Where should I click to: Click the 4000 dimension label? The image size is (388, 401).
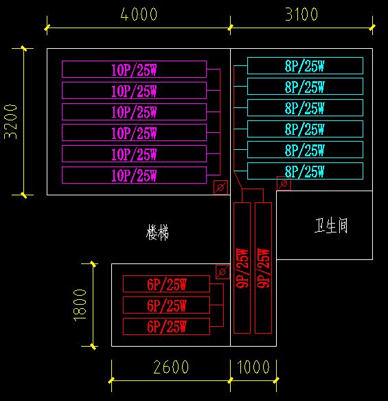pos(138,14)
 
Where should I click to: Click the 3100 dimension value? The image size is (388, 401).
pos(301,14)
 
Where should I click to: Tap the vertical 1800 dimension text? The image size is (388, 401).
pos(80,304)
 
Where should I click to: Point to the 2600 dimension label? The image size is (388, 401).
pos(171,367)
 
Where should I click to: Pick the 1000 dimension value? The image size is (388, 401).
pos(253,367)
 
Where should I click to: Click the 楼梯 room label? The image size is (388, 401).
pos(157,233)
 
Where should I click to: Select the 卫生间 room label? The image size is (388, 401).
pos(331,226)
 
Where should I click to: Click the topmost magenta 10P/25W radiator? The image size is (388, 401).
pos(134,69)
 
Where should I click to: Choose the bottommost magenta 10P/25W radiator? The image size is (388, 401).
pos(134,175)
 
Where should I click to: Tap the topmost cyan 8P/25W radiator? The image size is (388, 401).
pos(305,66)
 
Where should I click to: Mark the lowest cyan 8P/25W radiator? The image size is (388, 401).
pos(305,171)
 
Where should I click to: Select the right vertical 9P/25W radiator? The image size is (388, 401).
pos(263,268)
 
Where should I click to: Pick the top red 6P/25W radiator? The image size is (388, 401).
pos(166,284)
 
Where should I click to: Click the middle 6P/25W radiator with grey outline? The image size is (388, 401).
pos(166,305)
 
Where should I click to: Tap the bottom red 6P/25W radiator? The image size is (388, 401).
pos(166,327)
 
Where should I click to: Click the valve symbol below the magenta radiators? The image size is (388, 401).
pos(220,187)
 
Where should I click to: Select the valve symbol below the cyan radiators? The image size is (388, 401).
pos(283,183)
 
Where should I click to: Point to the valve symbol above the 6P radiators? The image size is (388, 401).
pos(222,272)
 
